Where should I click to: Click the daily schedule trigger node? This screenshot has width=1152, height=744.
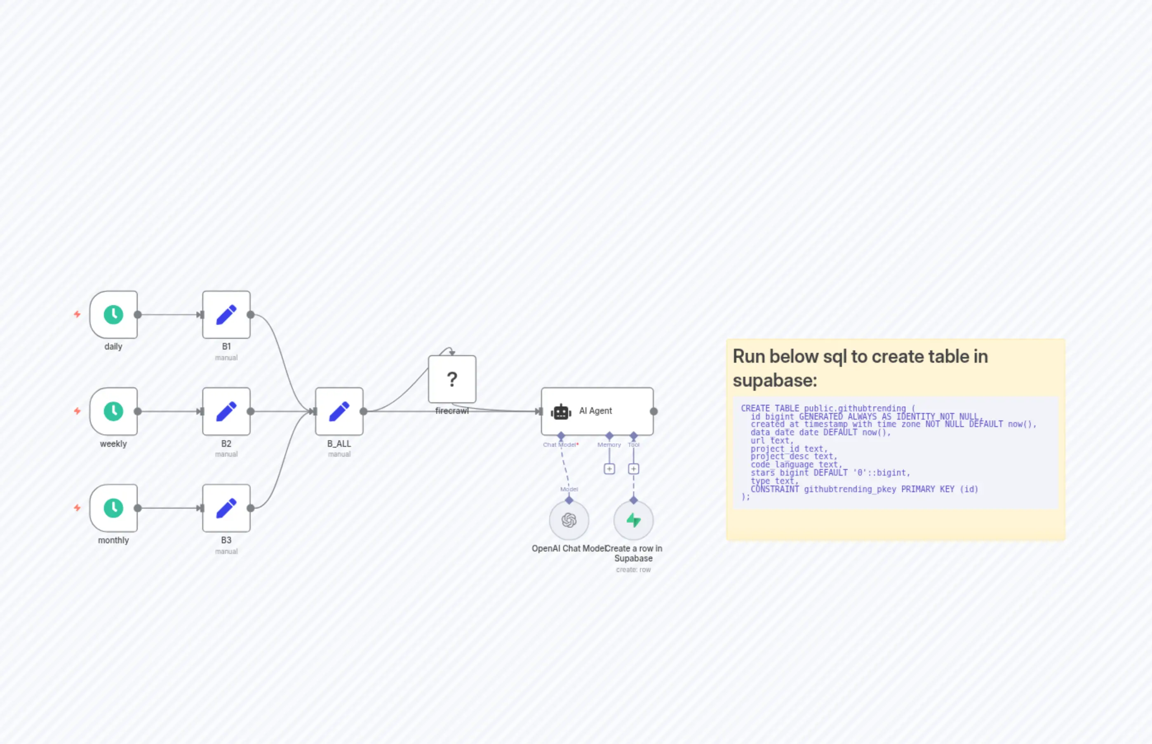[x=113, y=314]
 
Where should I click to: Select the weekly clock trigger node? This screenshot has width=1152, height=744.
[x=113, y=411]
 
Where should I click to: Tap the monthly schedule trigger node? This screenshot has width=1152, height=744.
[x=113, y=508]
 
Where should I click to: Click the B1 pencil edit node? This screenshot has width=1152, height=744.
[x=226, y=314]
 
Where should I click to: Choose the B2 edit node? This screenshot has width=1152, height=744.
[x=226, y=411]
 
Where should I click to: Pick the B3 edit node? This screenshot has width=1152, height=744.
[x=226, y=508]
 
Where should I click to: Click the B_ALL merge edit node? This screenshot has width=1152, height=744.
[x=339, y=411]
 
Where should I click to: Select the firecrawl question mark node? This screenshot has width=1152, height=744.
[x=452, y=379]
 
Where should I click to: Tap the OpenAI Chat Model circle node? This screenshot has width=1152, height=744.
[x=569, y=520]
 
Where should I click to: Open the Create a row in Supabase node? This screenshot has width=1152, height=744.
[x=633, y=520]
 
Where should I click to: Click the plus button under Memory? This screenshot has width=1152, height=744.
[x=609, y=469]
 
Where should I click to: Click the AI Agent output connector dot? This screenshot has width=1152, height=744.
[x=654, y=411]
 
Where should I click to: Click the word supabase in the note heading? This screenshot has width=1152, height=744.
[x=775, y=380]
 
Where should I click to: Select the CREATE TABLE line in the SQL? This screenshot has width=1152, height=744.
[x=827, y=408]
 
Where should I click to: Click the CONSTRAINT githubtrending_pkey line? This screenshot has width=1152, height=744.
[x=864, y=489]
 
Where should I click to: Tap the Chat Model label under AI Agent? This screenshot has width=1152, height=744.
[x=559, y=444]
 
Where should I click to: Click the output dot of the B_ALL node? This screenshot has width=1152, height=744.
[x=363, y=411]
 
